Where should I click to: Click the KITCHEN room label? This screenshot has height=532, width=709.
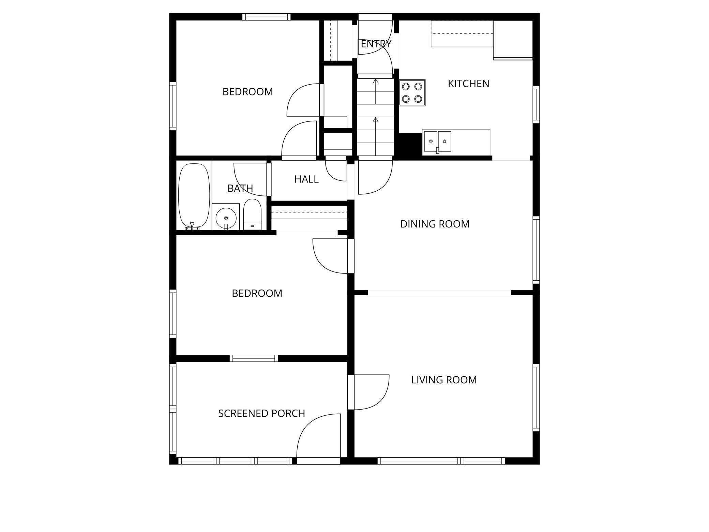[468, 84]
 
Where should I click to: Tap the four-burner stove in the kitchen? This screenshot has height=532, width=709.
[412, 92]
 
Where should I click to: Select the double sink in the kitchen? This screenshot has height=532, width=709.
[437, 141]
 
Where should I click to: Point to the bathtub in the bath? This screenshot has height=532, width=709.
[194, 195]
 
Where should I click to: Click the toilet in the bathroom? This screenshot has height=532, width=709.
[252, 215]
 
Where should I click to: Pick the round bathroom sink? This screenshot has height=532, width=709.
[226, 218]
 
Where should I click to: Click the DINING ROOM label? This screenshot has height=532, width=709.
[435, 224]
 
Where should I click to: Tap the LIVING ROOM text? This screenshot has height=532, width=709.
[443, 380]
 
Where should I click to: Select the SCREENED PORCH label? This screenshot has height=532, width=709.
[261, 413]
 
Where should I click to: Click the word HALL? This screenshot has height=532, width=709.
[306, 179]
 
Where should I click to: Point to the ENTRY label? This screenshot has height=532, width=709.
[376, 44]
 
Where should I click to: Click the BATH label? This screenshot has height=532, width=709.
[240, 188]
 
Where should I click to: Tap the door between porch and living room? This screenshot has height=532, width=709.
[370, 392]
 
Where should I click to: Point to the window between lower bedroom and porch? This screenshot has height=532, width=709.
[254, 358]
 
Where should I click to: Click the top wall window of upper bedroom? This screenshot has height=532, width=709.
[266, 17]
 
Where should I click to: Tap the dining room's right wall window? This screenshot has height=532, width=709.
[536, 251]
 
